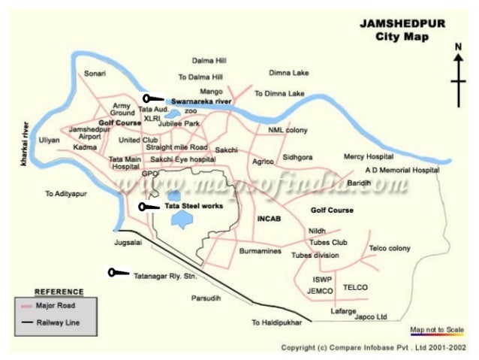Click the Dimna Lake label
288,73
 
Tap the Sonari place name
95,74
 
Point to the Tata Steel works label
194,206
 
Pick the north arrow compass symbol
458,75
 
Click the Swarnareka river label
200,100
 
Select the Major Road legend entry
56,306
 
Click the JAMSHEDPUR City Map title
400,30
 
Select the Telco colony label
389,248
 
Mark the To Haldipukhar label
276,322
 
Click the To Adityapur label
68,193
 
